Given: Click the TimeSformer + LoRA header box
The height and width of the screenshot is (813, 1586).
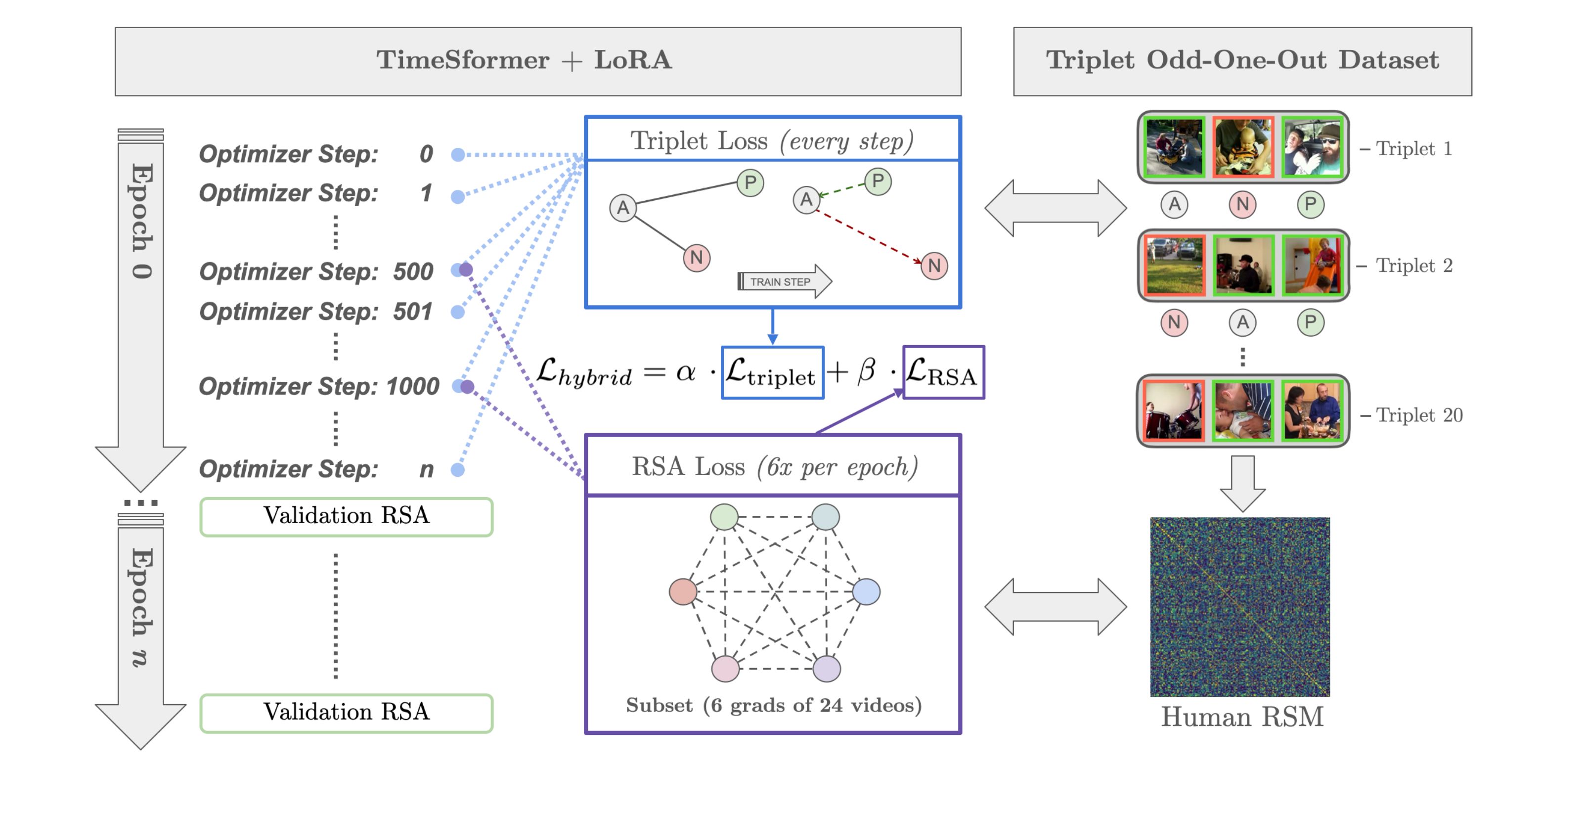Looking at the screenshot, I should click(x=537, y=61).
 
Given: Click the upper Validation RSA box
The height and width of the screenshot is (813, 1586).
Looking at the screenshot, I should click(x=346, y=517).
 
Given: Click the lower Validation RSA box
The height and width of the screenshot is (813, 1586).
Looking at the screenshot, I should click(x=346, y=713).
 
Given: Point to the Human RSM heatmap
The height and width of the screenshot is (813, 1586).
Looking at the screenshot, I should click(x=1239, y=607).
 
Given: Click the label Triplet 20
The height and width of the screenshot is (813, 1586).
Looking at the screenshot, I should click(x=1418, y=415).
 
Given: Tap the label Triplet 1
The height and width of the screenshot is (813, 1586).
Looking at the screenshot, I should click(x=1413, y=148).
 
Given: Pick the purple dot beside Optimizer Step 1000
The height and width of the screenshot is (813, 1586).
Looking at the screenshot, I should click(x=468, y=387).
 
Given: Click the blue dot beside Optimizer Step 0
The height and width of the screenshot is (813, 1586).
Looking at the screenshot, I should click(x=457, y=155).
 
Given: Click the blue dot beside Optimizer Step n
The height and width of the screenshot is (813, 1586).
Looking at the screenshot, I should click(x=457, y=470).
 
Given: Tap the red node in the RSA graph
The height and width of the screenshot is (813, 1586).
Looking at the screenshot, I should click(x=683, y=592).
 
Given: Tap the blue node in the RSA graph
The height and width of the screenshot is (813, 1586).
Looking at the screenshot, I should click(x=866, y=592).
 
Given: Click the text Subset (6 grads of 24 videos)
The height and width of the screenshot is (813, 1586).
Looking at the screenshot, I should click(x=773, y=705).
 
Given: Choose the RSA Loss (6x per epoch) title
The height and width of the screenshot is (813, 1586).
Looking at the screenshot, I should click(x=773, y=467).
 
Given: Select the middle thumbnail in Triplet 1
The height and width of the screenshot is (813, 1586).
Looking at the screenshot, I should click(x=1242, y=148).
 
